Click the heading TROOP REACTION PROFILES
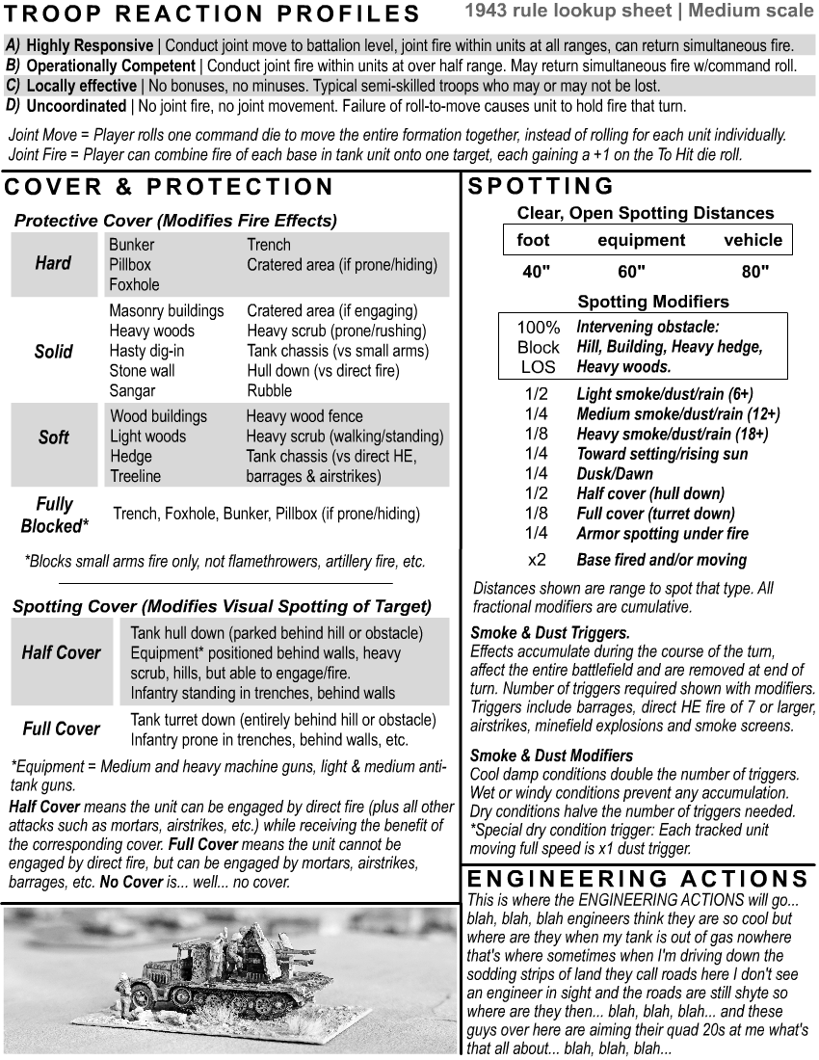coord(213,13)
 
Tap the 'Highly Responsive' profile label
coord(89,46)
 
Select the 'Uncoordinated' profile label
coord(75,106)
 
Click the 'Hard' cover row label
coord(53,263)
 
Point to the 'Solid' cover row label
coord(53,352)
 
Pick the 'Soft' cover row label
coord(53,437)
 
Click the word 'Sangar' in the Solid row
coord(133,391)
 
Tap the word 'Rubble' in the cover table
coord(269,391)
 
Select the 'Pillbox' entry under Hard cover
coord(130,264)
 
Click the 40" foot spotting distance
coord(536,273)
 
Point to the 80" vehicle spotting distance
coord(755,273)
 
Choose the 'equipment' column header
coord(641,241)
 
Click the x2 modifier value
coord(537,560)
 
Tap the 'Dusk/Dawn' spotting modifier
coord(614,474)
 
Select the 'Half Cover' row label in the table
coord(61,653)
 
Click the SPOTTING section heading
coord(541,186)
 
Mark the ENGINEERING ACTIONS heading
coord(637,878)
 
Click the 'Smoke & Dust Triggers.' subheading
coord(549,633)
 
